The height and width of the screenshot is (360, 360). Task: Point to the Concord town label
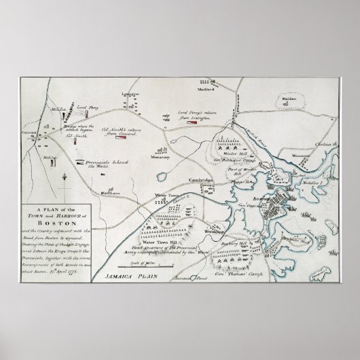point(29,134)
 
